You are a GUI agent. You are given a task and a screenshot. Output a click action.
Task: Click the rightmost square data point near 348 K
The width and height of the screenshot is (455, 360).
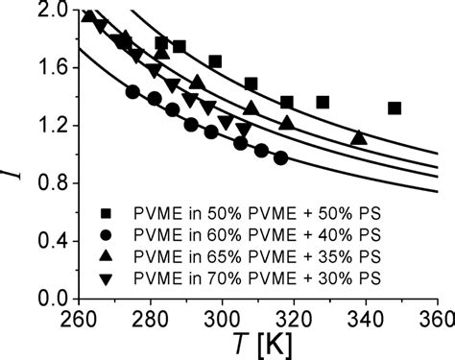pos(395,108)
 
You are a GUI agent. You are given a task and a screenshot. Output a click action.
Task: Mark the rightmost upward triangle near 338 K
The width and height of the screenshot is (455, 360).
pos(358,137)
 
